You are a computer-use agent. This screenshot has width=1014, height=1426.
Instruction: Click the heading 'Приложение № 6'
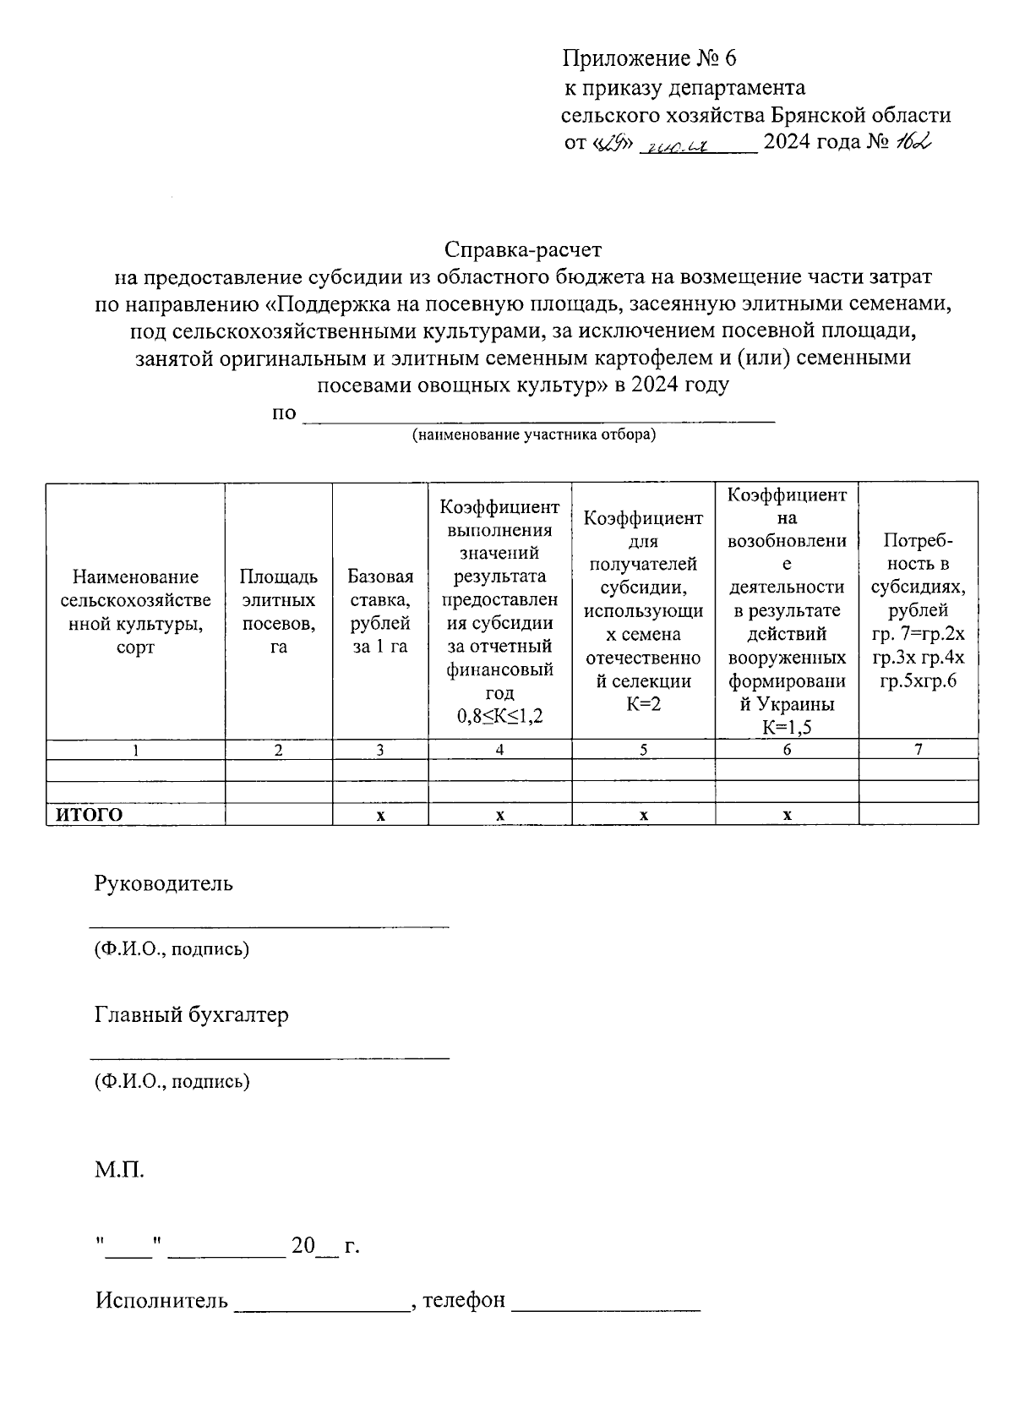[x=650, y=58]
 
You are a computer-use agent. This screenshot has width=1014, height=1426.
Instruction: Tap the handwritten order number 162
[x=913, y=143]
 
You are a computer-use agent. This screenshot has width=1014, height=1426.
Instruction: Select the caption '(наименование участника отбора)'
[x=534, y=435]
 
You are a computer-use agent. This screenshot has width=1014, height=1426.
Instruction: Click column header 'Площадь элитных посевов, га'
[x=279, y=611]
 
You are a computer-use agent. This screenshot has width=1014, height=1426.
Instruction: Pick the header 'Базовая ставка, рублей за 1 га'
[x=380, y=611]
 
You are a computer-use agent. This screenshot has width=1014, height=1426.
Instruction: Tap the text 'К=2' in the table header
[x=643, y=704]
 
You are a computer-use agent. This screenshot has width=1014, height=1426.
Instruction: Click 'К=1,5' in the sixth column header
[x=787, y=727]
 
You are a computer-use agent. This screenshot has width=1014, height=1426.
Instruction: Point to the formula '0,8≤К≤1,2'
[x=500, y=716]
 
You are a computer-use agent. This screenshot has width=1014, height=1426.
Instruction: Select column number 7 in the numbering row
[x=918, y=750]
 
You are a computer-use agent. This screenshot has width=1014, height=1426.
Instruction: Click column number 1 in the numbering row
[x=135, y=750]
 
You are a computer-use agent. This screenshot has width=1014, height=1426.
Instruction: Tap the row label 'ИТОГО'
[x=90, y=815]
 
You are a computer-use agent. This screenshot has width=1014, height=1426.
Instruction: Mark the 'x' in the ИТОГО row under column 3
[x=380, y=816]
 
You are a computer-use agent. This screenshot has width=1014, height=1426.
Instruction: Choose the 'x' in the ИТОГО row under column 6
[x=787, y=816]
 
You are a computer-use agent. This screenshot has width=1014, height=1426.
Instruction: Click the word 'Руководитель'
[x=164, y=884]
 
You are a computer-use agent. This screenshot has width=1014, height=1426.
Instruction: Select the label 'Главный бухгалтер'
[x=192, y=1015]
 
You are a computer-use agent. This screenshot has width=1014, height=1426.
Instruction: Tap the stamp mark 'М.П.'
[x=120, y=1172]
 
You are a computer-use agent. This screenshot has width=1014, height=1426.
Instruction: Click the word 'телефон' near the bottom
[x=464, y=1300]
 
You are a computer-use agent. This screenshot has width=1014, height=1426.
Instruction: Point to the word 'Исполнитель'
[x=161, y=1300]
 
